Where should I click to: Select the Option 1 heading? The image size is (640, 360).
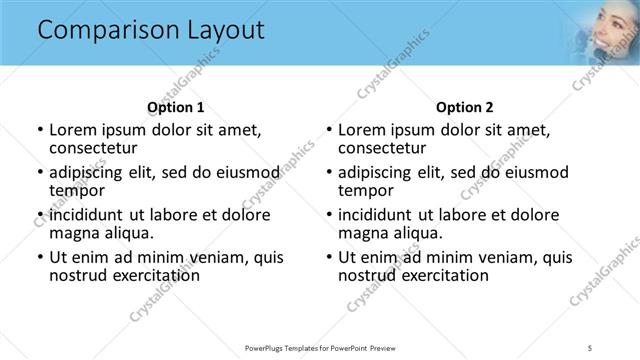pyautogui.click(x=176, y=107)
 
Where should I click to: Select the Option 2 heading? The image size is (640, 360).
pyautogui.click(x=465, y=107)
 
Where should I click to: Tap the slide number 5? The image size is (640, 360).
pyautogui.click(x=591, y=347)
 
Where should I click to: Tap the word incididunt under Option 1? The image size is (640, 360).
pyautogui.click(x=89, y=215)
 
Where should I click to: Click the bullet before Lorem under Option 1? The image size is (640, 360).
pyautogui.click(x=40, y=130)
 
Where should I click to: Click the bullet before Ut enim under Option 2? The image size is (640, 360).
pyautogui.click(x=330, y=257)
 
